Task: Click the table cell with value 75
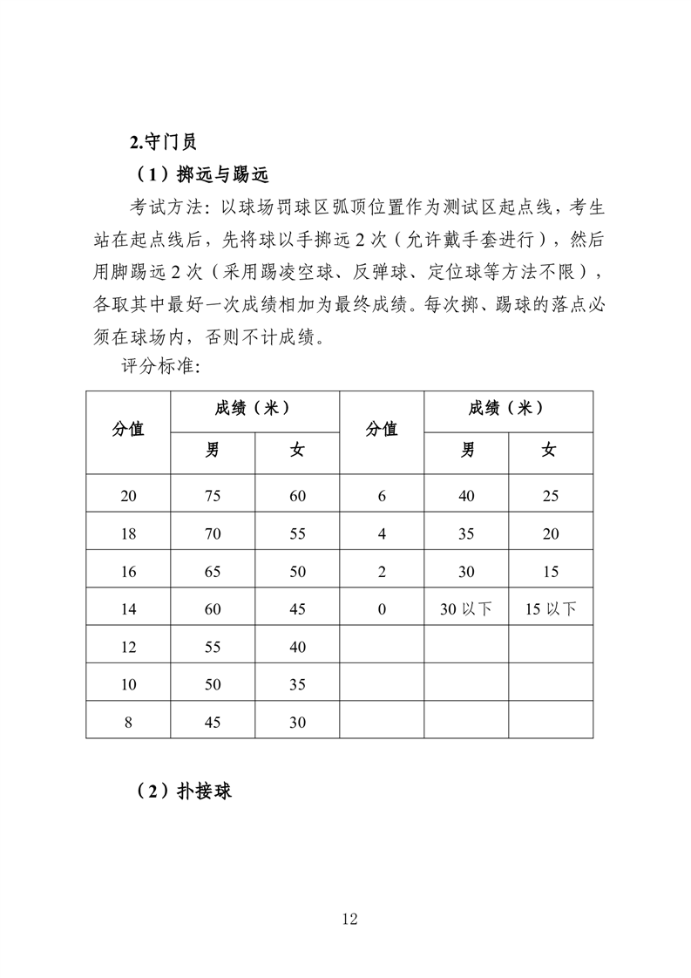click(x=213, y=496)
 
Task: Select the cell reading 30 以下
click(x=466, y=609)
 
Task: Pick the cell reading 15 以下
click(x=551, y=609)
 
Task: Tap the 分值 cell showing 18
click(x=128, y=534)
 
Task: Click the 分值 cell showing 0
click(x=382, y=609)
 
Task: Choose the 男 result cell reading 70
click(x=213, y=534)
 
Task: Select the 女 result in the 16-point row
click(x=297, y=572)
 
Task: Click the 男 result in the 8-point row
click(x=213, y=723)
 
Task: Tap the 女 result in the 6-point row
click(x=551, y=496)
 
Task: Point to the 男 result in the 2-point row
click(x=466, y=572)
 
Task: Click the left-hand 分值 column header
click(x=128, y=429)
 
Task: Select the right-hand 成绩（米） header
click(x=508, y=408)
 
